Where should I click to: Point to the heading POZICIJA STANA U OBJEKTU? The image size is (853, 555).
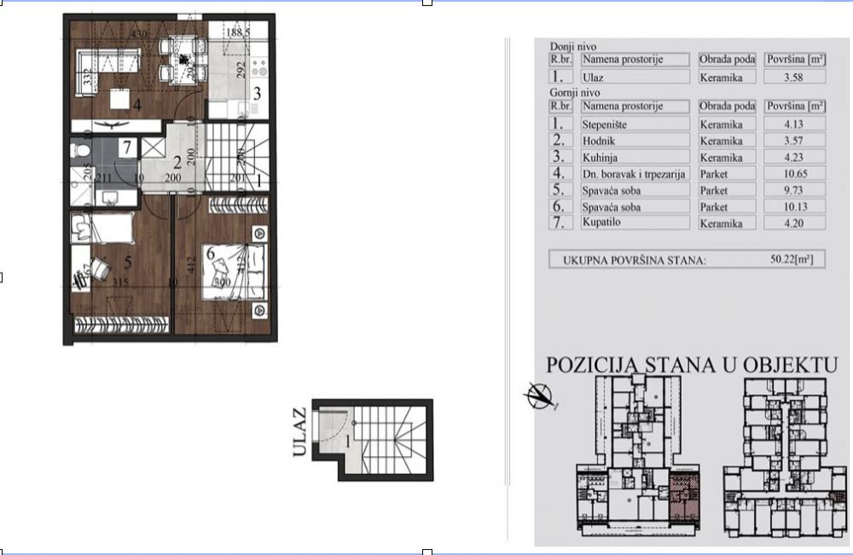690,365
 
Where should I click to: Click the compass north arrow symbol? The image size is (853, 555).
541,396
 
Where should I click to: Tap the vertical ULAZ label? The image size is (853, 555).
299,433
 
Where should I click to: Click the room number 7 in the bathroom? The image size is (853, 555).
125,147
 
